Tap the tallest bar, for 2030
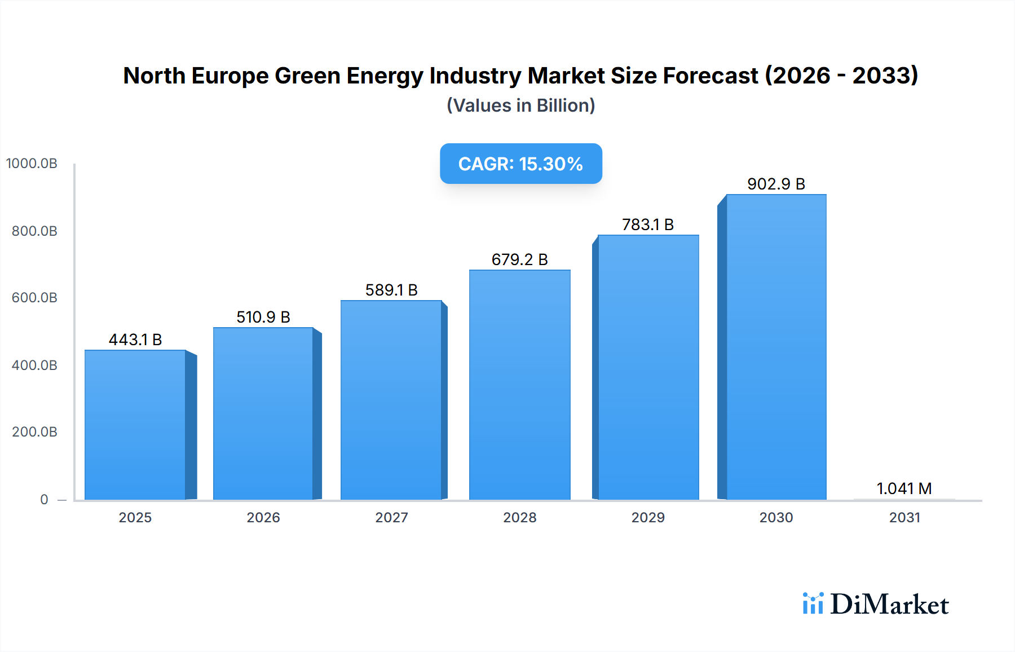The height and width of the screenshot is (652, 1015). pos(776,347)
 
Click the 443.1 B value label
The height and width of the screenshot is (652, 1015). pos(135,340)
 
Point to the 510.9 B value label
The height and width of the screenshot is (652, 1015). pos(263,317)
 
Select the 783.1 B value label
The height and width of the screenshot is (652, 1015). pos(648,224)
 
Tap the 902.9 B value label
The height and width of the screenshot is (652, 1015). pos(776,184)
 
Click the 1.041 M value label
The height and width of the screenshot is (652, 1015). pos(904,488)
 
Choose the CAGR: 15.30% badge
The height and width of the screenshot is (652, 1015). pos(520,164)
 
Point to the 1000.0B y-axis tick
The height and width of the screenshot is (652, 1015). pos(32,164)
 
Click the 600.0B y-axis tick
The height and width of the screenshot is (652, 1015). pos(34,298)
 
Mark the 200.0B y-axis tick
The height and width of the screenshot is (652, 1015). pos(34,432)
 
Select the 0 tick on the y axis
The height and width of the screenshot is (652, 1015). pos(44,499)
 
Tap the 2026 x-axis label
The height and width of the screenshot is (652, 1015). pos(263,517)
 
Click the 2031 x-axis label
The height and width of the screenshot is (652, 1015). pos(904,517)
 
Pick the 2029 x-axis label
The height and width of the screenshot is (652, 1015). pos(648,517)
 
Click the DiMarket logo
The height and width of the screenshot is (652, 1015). pos(876,604)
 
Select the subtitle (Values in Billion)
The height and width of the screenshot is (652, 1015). pos(520,105)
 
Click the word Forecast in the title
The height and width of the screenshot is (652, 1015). pos(710,76)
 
